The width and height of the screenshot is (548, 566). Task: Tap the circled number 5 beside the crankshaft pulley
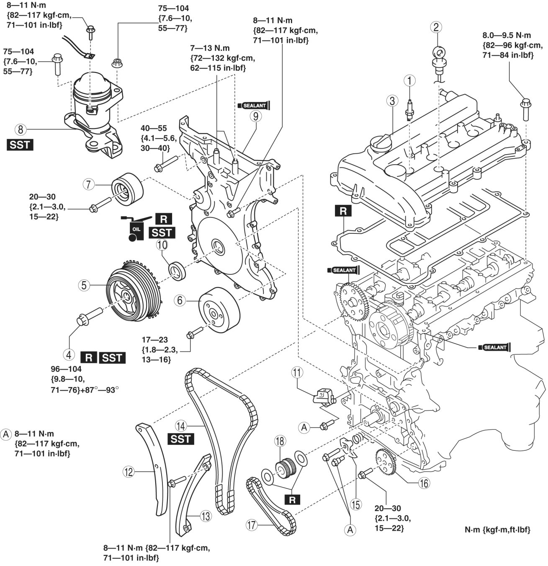click(x=84, y=285)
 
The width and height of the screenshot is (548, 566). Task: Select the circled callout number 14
click(x=180, y=426)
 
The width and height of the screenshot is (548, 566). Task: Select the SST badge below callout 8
click(x=20, y=145)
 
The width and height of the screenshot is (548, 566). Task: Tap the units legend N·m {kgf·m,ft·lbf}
click(x=497, y=530)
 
